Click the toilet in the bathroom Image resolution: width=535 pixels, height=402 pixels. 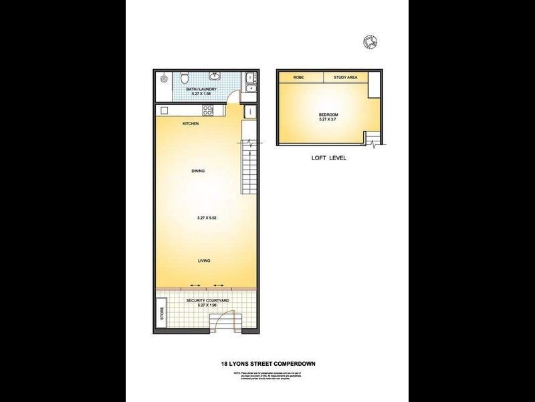pyautogui.click(x=191, y=76)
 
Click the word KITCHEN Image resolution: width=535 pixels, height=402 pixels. pyautogui.click(x=191, y=124)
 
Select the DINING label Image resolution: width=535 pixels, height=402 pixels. pyautogui.click(x=198, y=171)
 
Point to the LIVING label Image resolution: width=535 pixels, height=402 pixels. pyautogui.click(x=205, y=261)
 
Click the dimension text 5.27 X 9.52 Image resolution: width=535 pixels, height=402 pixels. pyautogui.click(x=209, y=218)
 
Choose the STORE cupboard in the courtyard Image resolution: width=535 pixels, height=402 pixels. pyautogui.click(x=162, y=315)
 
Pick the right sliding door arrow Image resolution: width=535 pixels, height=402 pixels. pyautogui.click(x=218, y=285)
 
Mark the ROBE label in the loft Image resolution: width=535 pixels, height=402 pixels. pyautogui.click(x=299, y=78)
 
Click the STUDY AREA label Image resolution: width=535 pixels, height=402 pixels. pyautogui.click(x=346, y=78)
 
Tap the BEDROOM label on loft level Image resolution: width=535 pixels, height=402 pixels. pyautogui.click(x=328, y=115)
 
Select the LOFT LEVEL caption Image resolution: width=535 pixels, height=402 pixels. pyautogui.click(x=328, y=159)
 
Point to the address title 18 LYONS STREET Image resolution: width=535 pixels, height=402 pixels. pyautogui.click(x=268, y=364)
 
